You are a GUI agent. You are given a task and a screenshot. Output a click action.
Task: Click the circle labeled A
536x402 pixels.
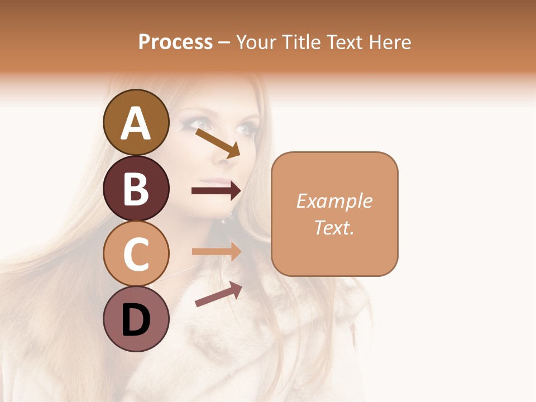click(136, 122)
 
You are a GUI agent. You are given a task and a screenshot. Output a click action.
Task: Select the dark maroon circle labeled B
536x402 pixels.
click(136, 188)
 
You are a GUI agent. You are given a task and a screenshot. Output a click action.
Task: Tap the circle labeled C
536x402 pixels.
click(136, 253)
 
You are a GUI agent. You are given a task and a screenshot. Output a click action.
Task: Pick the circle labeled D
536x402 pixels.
click(136, 319)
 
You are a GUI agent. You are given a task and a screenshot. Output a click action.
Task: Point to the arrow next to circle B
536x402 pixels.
click(216, 191)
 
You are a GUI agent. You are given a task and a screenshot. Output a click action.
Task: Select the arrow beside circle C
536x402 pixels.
click(216, 251)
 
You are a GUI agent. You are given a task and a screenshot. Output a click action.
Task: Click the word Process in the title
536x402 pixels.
click(175, 42)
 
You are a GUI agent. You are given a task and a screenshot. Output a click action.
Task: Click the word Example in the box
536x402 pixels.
click(334, 201)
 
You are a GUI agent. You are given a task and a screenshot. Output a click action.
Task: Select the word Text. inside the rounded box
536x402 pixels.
click(334, 227)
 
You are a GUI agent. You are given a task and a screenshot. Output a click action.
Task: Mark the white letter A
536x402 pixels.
click(136, 123)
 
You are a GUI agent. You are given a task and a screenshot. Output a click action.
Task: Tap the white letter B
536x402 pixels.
click(136, 189)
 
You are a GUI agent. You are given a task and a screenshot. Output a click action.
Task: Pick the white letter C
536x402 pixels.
click(136, 254)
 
